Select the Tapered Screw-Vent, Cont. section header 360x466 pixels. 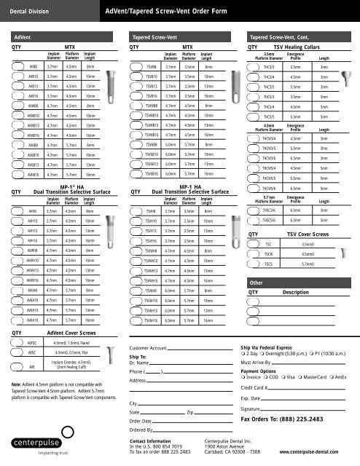click(x=279, y=35)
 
